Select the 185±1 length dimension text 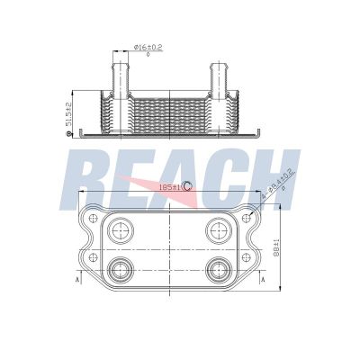click(168, 185)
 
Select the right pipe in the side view click(220, 76)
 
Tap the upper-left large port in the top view click(119, 231)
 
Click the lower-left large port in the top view click(119, 268)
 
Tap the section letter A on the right click(262, 280)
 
